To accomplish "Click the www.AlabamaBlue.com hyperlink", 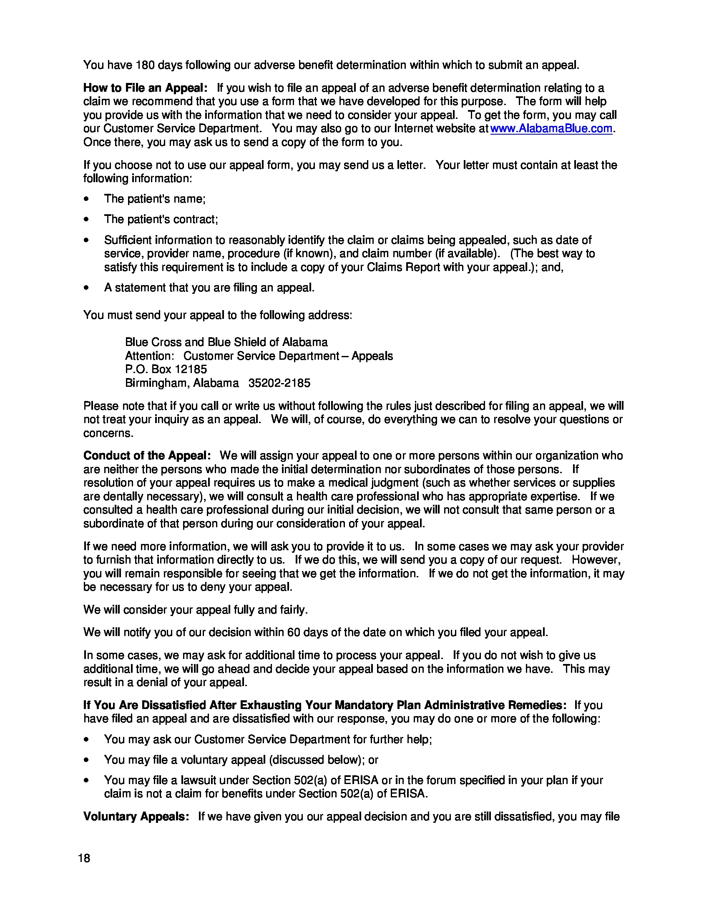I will [551, 128].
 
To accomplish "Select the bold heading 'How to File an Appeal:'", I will [145, 88].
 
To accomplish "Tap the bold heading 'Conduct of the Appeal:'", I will [146, 456].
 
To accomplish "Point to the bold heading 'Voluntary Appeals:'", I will [136, 816].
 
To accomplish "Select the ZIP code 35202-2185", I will [279, 383].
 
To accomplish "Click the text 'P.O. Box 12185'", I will [166, 369].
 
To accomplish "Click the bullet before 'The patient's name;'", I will [86, 199].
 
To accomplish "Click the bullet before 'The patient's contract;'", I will [86, 220].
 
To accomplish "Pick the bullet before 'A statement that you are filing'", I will [86, 288].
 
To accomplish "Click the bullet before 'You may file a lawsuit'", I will [86, 781].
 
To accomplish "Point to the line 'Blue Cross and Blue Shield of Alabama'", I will [226, 342].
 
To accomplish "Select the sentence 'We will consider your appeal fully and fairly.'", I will [195, 610].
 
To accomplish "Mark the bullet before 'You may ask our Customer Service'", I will [86, 739].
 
